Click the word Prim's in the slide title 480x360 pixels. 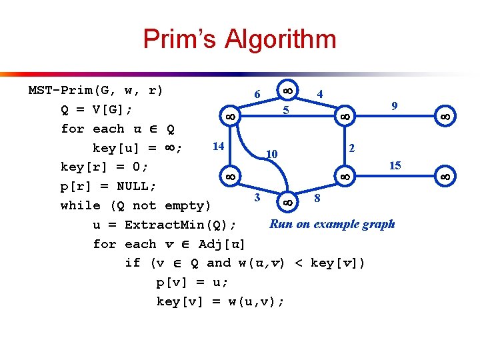point(179,39)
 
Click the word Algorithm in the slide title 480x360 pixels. point(280,39)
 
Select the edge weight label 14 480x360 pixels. point(217,145)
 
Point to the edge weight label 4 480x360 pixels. point(321,95)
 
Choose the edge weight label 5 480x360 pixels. point(285,111)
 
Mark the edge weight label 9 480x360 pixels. point(395,105)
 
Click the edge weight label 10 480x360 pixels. point(271,155)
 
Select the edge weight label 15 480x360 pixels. point(395,165)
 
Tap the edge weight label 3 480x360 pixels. point(257,197)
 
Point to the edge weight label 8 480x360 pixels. point(317,198)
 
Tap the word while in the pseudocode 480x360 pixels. point(76,205)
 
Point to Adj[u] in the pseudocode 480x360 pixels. point(222,244)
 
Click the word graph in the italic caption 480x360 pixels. point(377,224)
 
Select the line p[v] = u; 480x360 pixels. point(192,282)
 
